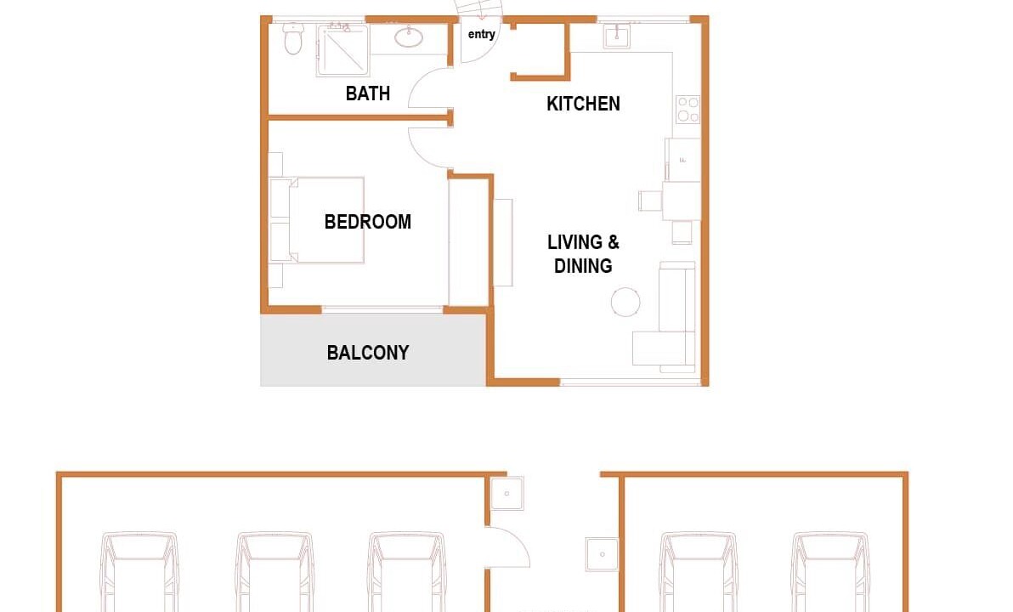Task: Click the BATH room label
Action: point(368,93)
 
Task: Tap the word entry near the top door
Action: point(481,34)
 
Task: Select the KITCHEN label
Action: point(583,104)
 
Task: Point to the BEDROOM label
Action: point(368,222)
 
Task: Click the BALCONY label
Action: point(368,353)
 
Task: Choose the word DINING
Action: point(583,265)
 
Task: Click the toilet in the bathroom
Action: point(293,38)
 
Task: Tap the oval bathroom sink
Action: point(408,37)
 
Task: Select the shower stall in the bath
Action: point(342,50)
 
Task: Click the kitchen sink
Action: point(616,36)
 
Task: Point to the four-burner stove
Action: point(688,109)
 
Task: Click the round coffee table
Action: point(625,302)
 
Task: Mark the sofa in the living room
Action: point(665,317)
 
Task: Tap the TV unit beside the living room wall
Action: point(503,242)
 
